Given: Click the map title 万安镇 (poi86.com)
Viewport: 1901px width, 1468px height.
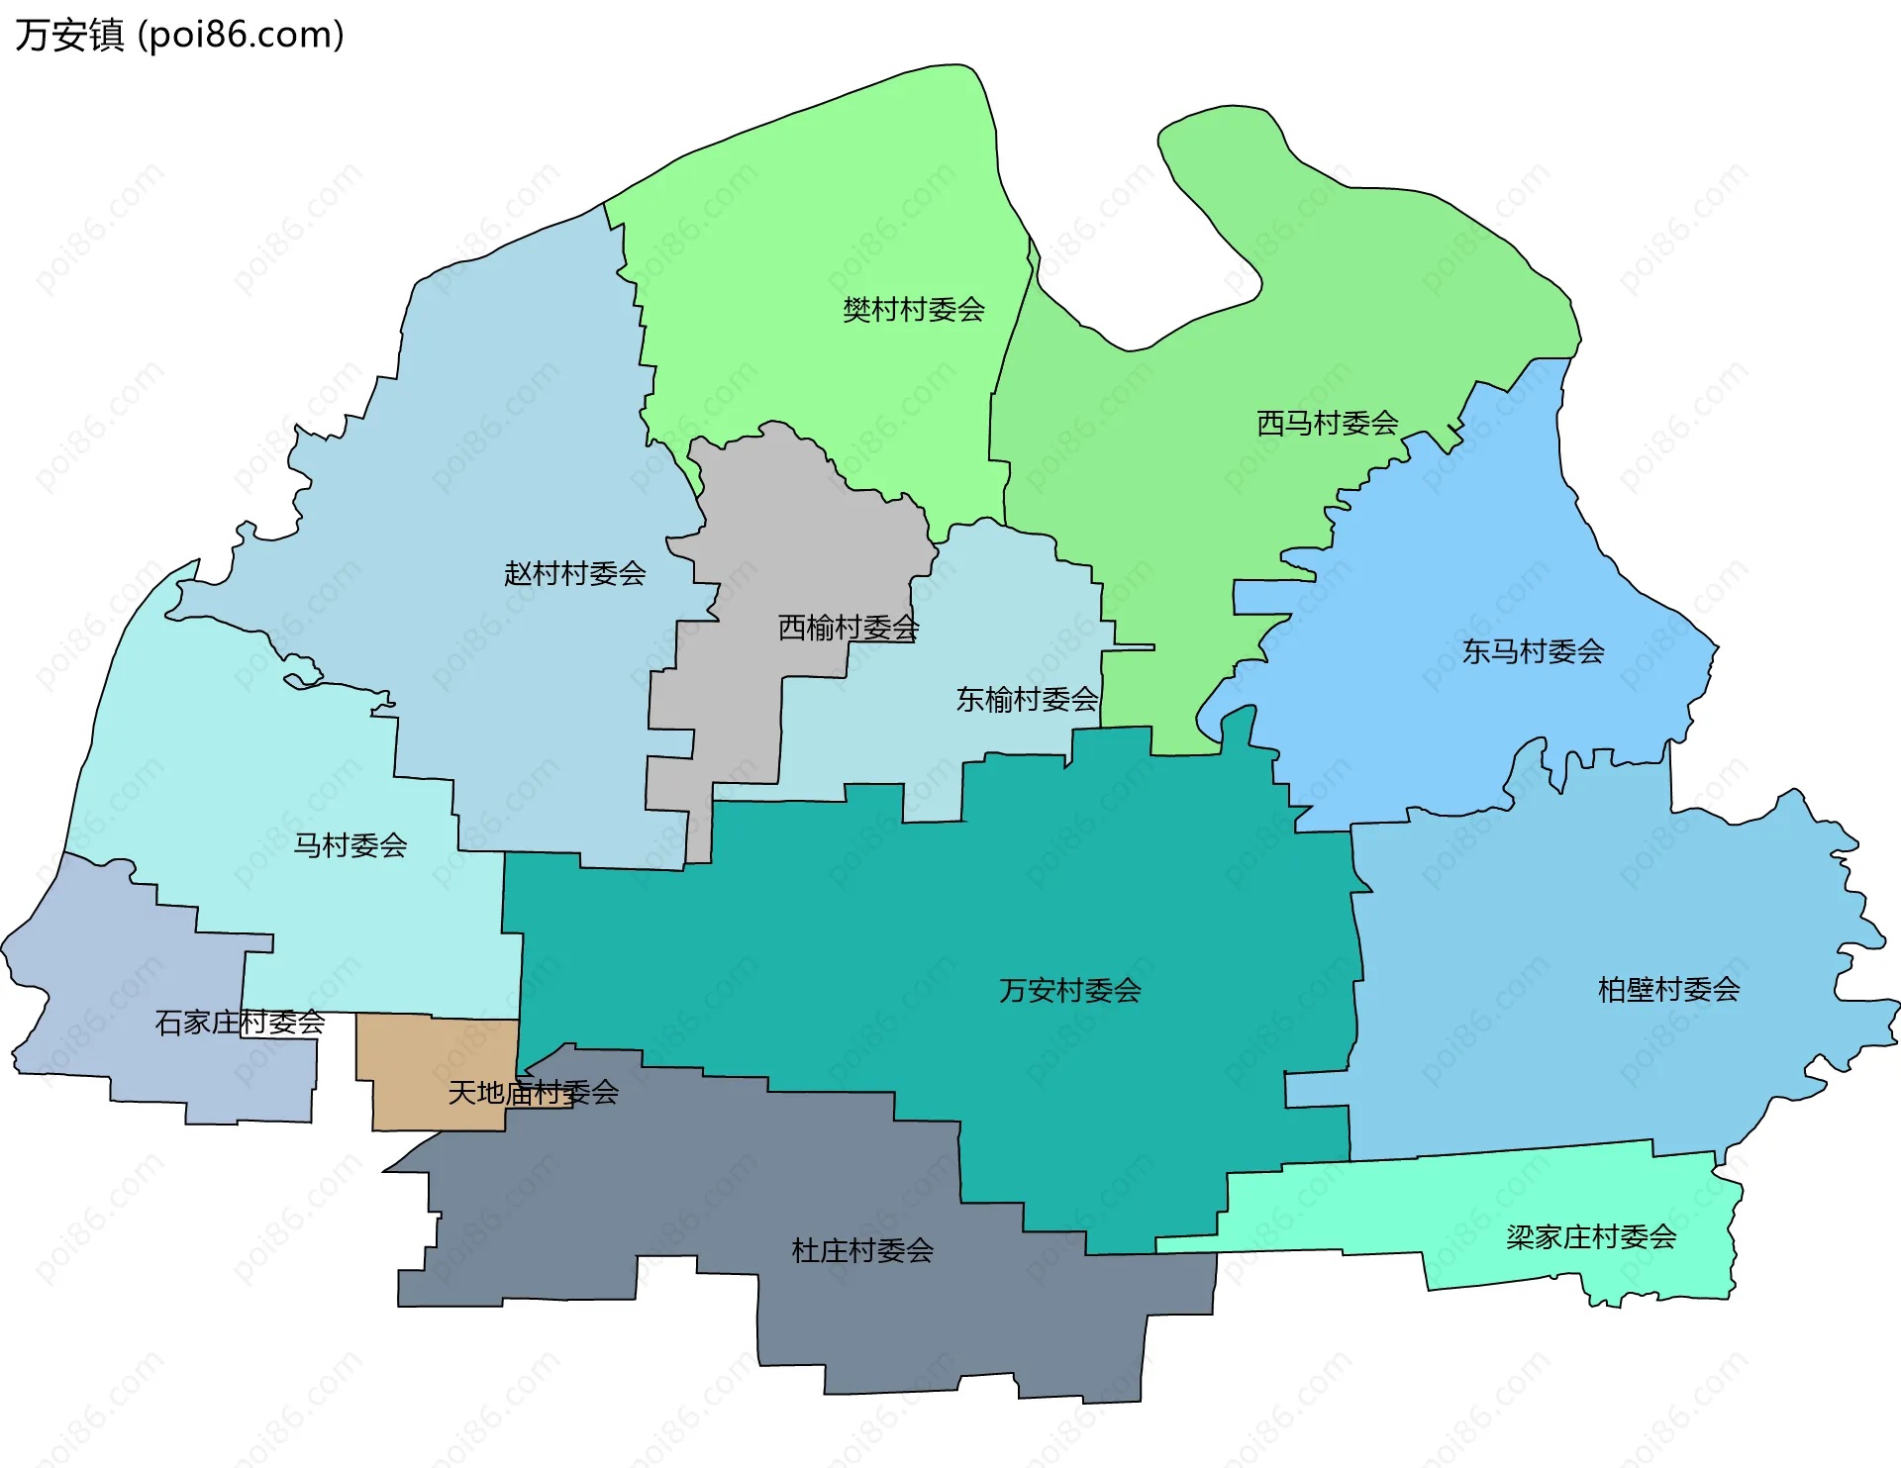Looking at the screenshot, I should (x=179, y=35).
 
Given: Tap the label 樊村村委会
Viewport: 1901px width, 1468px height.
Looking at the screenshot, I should (x=913, y=310).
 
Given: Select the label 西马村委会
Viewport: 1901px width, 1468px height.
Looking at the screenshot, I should (x=1327, y=424).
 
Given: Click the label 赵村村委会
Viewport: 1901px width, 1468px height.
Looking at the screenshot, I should (x=574, y=573).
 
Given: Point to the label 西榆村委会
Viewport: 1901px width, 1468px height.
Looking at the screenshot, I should (x=848, y=628).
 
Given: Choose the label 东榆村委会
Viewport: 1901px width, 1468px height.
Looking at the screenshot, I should (x=1026, y=700).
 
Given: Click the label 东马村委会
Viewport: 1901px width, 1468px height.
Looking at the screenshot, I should (x=1533, y=651).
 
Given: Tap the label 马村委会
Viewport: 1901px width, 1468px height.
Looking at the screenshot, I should (x=350, y=845).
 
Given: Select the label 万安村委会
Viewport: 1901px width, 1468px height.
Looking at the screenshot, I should (x=1069, y=990).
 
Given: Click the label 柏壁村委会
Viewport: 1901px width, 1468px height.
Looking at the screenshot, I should (x=1668, y=989).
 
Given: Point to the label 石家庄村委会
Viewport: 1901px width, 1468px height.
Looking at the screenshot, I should (x=240, y=1023).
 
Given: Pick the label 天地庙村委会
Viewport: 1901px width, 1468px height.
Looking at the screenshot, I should (x=533, y=1093).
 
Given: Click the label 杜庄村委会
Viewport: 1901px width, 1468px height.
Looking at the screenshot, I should (x=861, y=1251).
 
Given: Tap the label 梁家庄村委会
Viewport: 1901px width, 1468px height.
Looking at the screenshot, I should (x=1590, y=1237).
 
